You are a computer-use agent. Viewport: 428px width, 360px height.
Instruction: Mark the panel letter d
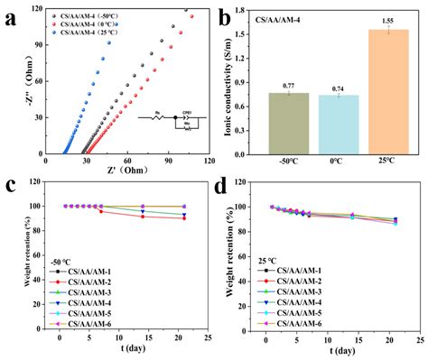[224, 187]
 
